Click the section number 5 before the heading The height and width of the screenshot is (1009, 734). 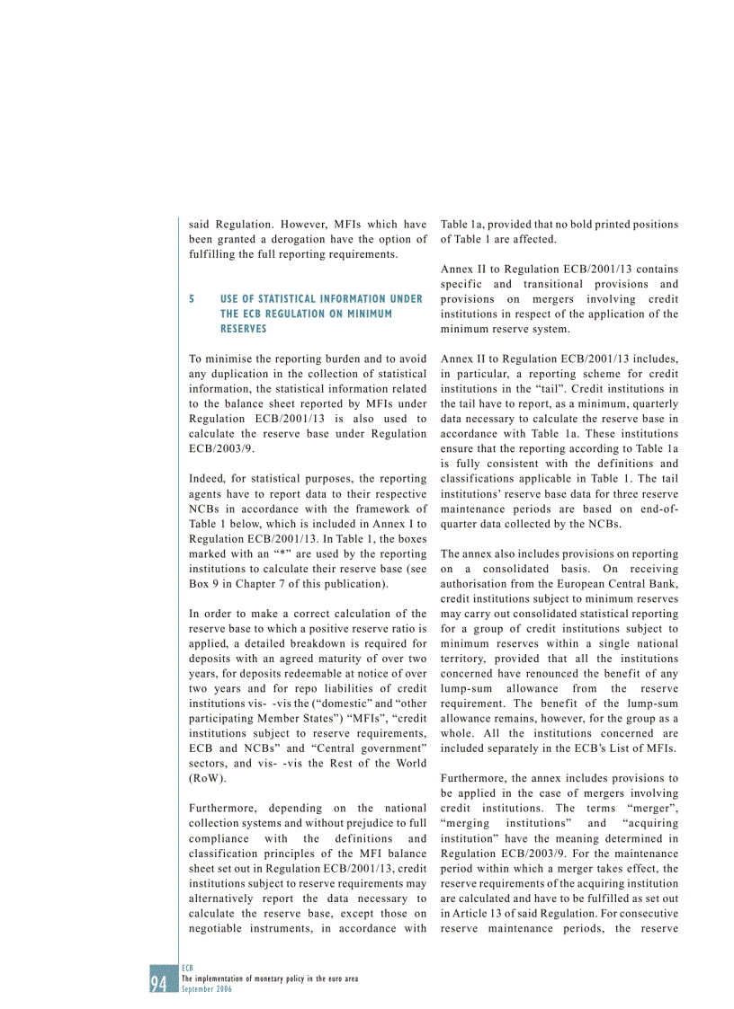point(192,298)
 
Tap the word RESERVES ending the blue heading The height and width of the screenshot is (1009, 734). point(243,329)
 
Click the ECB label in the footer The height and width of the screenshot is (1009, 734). point(187,969)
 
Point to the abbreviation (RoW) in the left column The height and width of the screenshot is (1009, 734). point(208,778)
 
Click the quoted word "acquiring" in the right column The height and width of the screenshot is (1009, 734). point(646,823)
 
